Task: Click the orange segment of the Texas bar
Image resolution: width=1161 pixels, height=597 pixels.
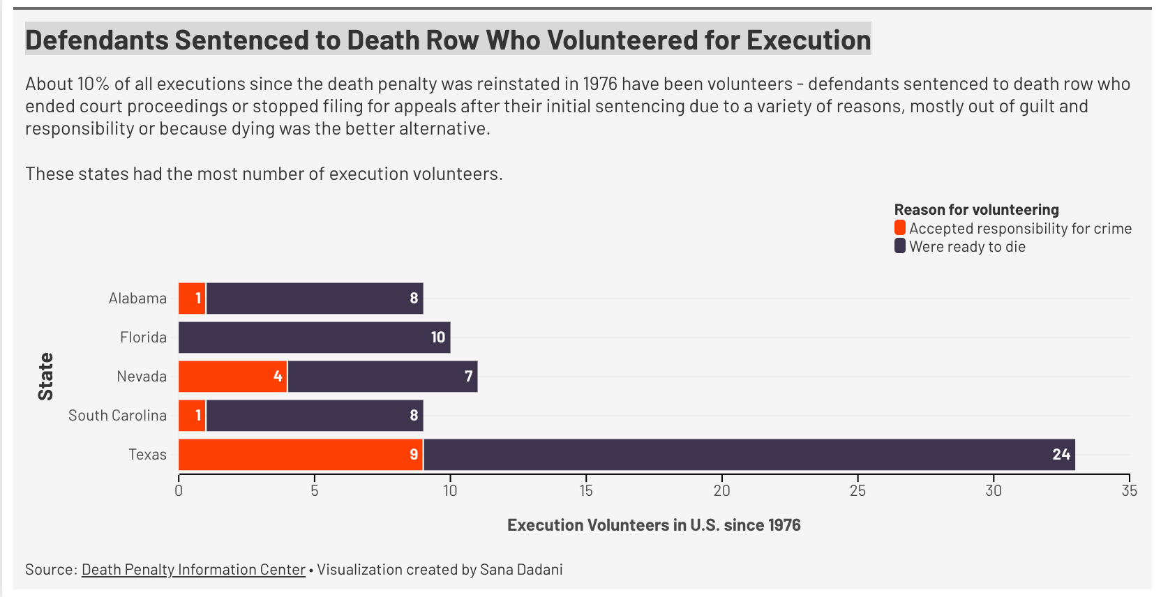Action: (x=301, y=455)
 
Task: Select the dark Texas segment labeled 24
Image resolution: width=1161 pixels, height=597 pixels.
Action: (x=749, y=455)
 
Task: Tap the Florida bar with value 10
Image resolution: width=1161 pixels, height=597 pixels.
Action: (x=314, y=338)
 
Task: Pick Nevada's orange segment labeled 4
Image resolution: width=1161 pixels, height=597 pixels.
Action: (x=233, y=377)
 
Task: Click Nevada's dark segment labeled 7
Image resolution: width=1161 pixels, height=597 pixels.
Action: (x=382, y=377)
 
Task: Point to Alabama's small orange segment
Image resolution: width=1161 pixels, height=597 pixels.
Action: (x=192, y=298)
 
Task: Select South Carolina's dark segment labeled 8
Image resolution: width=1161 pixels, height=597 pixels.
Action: (x=315, y=416)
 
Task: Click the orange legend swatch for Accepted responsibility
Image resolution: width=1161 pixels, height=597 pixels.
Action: (x=900, y=228)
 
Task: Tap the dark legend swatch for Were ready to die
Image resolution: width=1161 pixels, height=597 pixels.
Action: (x=900, y=246)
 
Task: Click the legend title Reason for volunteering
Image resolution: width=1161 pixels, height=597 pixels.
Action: (x=976, y=210)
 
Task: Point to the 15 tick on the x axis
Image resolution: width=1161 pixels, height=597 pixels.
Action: (x=586, y=491)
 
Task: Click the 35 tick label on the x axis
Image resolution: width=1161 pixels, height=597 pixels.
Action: (x=1129, y=491)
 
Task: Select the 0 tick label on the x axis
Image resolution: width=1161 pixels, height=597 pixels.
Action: (x=179, y=491)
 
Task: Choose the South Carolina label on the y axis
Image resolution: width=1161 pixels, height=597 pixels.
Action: (x=117, y=416)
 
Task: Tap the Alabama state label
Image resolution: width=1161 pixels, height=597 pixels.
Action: (x=137, y=298)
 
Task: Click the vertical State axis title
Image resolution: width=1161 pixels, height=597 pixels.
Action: (x=46, y=377)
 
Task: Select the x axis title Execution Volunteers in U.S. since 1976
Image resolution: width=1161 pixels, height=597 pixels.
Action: (x=654, y=525)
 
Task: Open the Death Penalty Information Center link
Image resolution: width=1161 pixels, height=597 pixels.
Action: (x=193, y=570)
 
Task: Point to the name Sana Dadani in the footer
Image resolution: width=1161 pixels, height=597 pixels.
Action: (x=521, y=570)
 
